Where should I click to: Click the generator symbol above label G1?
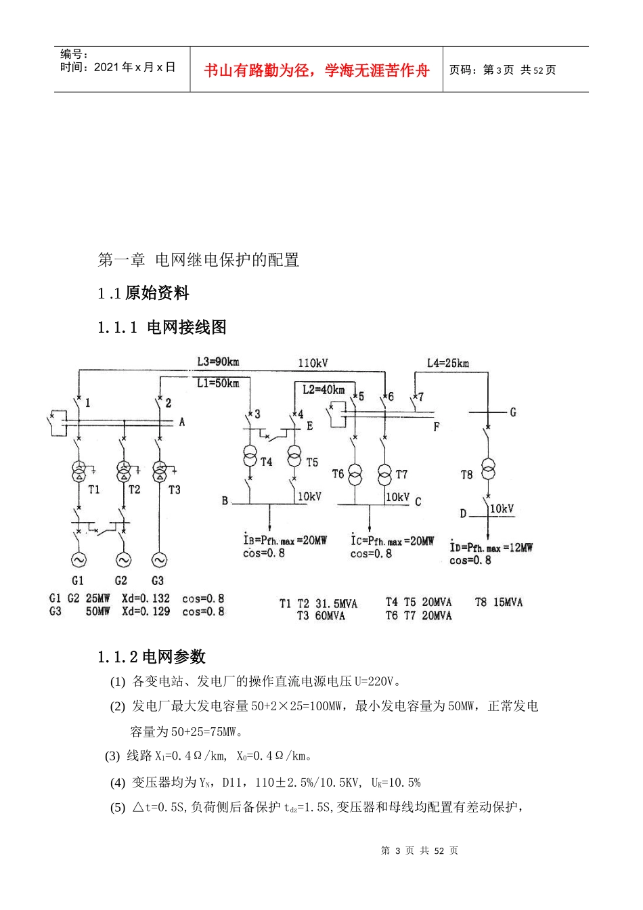click(78, 560)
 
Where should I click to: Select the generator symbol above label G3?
click(159, 560)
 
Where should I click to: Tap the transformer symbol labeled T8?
click(488, 469)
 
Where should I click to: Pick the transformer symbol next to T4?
click(250, 456)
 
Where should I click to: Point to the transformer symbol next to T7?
click(384, 473)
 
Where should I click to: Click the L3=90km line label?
click(217, 362)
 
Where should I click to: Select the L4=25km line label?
click(447, 363)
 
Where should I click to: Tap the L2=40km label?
click(323, 389)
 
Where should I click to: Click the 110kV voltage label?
click(313, 363)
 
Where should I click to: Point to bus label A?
click(181, 422)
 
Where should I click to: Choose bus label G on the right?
click(512, 412)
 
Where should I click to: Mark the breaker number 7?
click(421, 397)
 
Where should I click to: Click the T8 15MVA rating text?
click(498, 602)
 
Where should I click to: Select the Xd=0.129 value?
click(146, 611)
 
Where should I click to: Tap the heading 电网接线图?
click(186, 327)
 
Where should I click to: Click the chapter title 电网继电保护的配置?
click(227, 259)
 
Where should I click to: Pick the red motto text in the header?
click(316, 70)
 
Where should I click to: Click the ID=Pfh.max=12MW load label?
click(491, 547)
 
